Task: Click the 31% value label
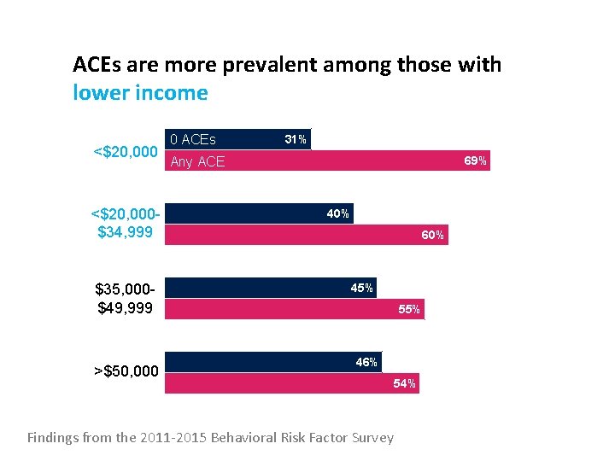coord(296,139)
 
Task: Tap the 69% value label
coord(475,160)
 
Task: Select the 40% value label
coord(337,213)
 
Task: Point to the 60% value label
coord(432,235)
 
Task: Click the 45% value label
coord(361,288)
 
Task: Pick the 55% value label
coord(409,309)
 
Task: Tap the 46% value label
coord(366,362)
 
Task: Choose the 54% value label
coord(404,383)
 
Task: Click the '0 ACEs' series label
coord(193,139)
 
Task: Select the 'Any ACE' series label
coord(197,161)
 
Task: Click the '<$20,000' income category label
coord(125,152)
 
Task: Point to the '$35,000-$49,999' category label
coord(125,298)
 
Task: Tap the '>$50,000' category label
coord(126,371)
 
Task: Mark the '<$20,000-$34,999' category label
coord(125,223)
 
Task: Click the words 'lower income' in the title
coord(140,92)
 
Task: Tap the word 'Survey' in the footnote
coord(372,438)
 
